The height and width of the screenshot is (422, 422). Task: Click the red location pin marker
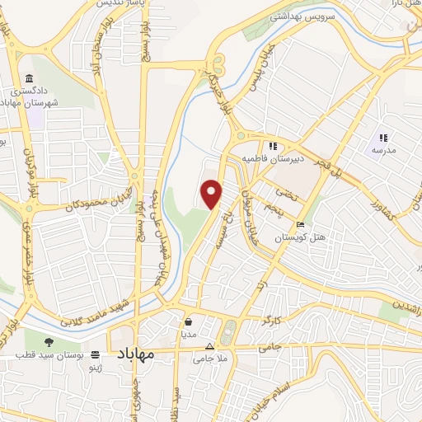click(x=213, y=193)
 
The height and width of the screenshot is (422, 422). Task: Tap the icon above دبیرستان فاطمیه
click(x=273, y=146)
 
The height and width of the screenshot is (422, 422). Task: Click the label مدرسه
click(x=383, y=150)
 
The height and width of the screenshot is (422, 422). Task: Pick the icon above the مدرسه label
click(x=382, y=137)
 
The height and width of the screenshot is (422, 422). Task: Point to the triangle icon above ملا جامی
click(x=209, y=347)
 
